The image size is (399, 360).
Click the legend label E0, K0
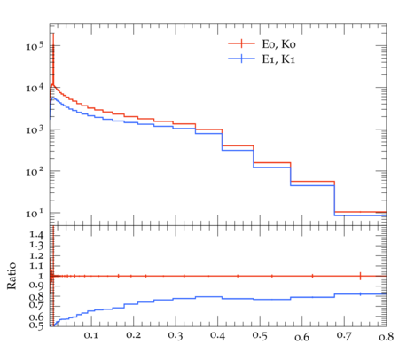pyautogui.click(x=278, y=44)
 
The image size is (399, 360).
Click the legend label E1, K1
pyautogui.click(x=278, y=59)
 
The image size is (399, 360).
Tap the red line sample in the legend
pyautogui.click(x=241, y=43)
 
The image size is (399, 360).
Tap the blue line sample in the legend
pyautogui.click(x=241, y=59)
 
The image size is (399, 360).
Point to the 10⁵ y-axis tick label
pyautogui.click(x=35, y=46)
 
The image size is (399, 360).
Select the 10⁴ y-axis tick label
pyautogui.click(x=35, y=88)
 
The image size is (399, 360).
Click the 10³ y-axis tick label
pyautogui.click(x=35, y=129)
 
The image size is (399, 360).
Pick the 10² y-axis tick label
pyautogui.click(x=35, y=171)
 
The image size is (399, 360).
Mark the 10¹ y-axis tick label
pyautogui.click(x=35, y=213)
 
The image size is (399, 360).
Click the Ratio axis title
pyautogui.click(x=12, y=276)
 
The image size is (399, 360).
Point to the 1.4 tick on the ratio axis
pyautogui.click(x=36, y=235)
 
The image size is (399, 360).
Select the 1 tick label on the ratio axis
pyautogui.click(x=42, y=276)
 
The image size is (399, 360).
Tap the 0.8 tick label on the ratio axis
pyautogui.click(x=36, y=296)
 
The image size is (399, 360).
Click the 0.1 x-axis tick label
pyautogui.click(x=91, y=336)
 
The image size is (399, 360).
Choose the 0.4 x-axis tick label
pyautogui.click(x=217, y=336)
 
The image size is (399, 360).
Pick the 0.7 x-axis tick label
pyautogui.click(x=344, y=336)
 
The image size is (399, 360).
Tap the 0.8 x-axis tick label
pyautogui.click(x=386, y=336)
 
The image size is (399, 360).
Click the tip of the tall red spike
pyautogui.click(x=53, y=33)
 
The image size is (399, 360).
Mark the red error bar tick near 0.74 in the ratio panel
pyautogui.click(x=360, y=276)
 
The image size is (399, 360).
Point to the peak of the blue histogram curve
pyautogui.click(x=52, y=98)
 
